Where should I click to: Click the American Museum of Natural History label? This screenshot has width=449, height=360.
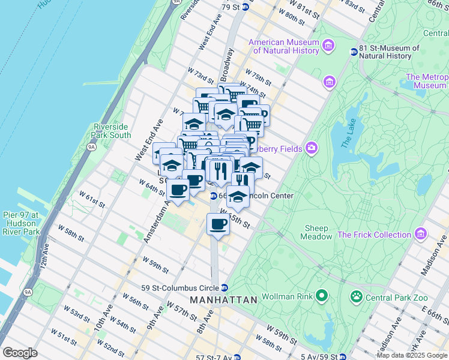pos(284,46)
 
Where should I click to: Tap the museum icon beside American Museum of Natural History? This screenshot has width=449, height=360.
pos(328,46)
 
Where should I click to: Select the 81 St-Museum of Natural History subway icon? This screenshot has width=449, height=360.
pos(354,52)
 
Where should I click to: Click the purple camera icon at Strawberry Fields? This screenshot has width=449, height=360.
pos(312,148)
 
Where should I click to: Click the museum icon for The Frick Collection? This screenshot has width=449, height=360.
pos(421,233)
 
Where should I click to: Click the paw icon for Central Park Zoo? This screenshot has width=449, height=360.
pos(356,295)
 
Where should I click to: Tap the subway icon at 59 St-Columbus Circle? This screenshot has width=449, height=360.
pos(224,287)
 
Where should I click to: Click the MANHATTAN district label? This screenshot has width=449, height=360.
pos(223,299)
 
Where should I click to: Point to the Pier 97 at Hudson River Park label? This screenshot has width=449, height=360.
pos(20,223)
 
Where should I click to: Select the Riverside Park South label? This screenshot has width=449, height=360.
pos(112,131)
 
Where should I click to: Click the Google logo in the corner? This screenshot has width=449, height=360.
pos(20,352)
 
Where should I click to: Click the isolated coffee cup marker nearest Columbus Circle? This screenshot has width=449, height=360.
pos(218,224)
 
